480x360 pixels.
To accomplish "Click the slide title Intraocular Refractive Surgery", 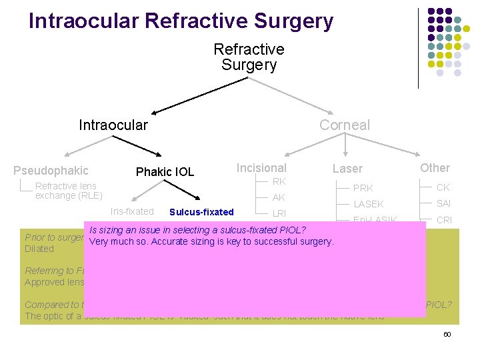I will [x=181, y=21].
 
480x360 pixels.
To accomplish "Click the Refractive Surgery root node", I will [x=249, y=57].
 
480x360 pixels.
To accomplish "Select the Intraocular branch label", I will [x=113, y=125].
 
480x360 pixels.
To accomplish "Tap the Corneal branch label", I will [x=344, y=125].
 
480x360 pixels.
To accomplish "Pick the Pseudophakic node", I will [x=51, y=171].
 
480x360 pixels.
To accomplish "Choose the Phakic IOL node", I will [x=165, y=172].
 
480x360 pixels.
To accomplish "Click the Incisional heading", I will [x=261, y=168].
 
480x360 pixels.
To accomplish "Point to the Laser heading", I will [x=347, y=169].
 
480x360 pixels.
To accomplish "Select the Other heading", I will [x=435, y=168].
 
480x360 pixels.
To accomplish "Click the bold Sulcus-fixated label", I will [x=201, y=213].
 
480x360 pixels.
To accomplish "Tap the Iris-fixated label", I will [x=132, y=211].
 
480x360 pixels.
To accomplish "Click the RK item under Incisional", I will [x=279, y=181].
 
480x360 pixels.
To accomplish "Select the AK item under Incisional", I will [x=279, y=197].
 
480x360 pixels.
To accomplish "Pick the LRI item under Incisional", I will [x=279, y=213].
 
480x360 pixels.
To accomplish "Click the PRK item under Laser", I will [x=363, y=188].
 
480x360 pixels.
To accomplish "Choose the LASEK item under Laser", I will [x=368, y=204].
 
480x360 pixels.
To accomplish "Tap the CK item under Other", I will [x=443, y=187].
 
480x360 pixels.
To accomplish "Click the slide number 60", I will [x=447, y=334].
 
